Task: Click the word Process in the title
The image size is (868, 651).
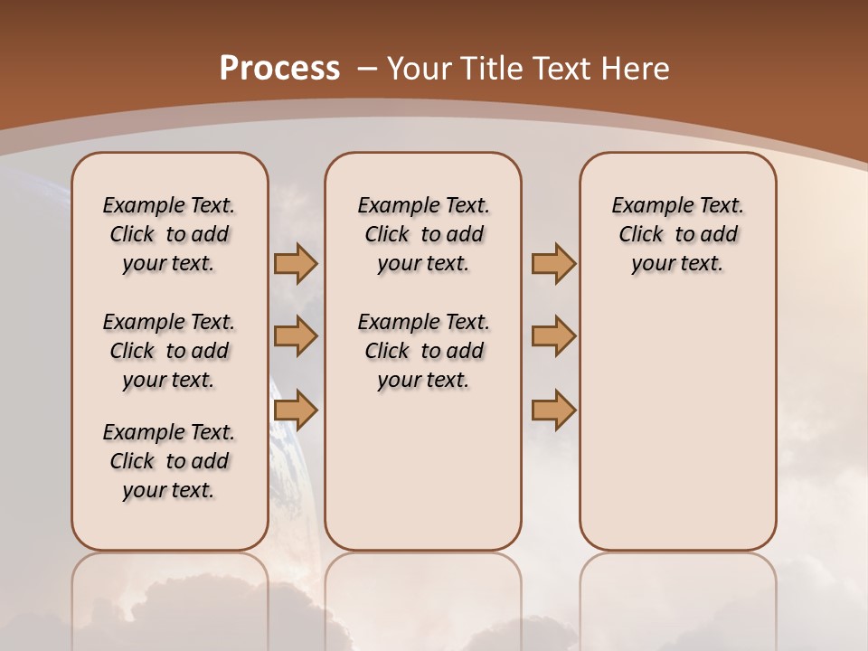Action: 279,68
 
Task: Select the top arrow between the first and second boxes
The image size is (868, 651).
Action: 296,264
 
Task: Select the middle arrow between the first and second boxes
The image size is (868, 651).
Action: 296,337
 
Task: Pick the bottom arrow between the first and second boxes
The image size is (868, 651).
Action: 296,410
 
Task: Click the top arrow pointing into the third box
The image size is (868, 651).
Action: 553,264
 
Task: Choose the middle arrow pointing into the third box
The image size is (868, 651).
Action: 553,337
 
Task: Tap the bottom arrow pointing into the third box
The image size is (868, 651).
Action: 553,410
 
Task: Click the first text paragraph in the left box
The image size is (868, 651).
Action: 169,234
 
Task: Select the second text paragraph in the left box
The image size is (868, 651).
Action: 169,351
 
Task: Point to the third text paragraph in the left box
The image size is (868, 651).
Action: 169,461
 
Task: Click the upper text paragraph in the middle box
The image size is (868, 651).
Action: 423,234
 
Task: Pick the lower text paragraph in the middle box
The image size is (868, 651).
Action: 423,351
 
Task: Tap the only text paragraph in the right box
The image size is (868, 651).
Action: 677,234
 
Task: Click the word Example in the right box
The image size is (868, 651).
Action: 645,206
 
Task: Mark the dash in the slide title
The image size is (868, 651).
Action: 367,69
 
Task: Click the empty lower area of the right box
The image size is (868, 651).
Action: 677,425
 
